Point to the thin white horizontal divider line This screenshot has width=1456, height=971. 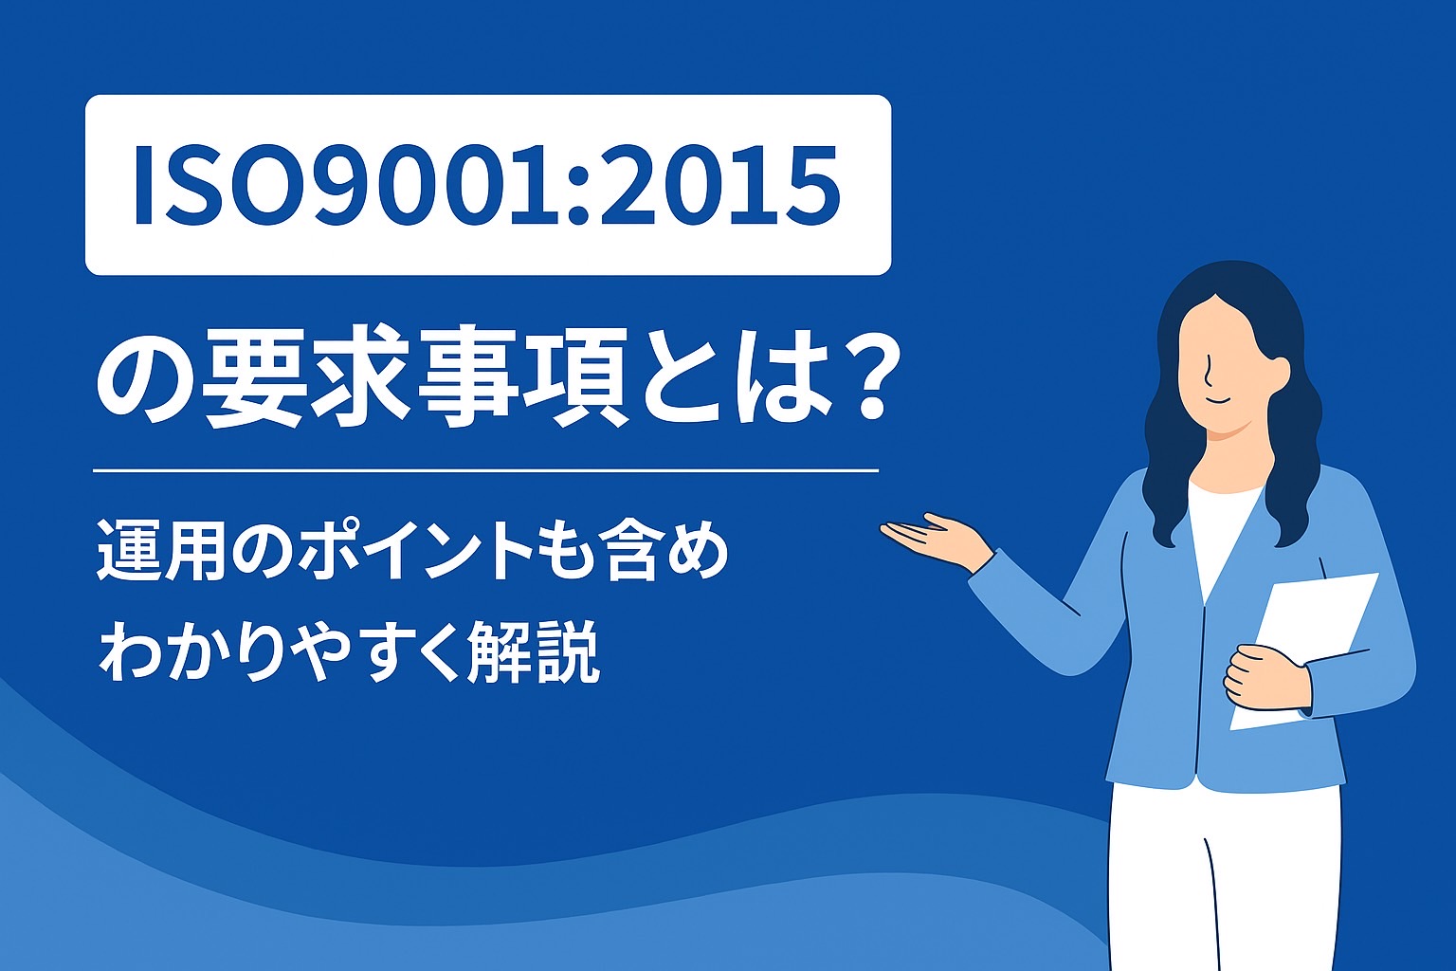(x=485, y=469)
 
